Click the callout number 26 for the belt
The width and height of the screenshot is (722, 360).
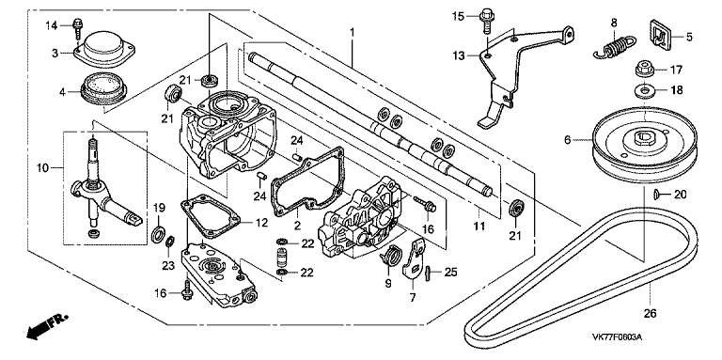(x=650, y=314)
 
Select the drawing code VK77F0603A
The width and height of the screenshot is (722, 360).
(x=617, y=337)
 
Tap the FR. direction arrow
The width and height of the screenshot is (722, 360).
(x=46, y=326)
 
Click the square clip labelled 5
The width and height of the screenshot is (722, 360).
(x=660, y=34)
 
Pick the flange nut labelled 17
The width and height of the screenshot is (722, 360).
(x=644, y=70)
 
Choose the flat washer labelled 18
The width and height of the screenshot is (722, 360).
(x=644, y=90)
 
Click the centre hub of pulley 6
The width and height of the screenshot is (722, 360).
(x=644, y=136)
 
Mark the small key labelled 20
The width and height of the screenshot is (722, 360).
(x=657, y=196)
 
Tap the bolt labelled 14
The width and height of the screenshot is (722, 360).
(x=78, y=28)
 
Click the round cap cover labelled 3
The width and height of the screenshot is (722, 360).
(x=104, y=48)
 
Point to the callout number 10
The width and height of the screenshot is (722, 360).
(x=42, y=168)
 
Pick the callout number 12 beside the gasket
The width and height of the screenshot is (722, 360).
(x=261, y=223)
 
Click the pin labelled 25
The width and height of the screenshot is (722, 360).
(x=428, y=272)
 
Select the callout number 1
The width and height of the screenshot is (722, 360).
(x=353, y=33)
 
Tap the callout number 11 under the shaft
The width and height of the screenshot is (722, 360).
(x=479, y=226)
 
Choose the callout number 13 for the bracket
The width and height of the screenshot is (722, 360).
(x=459, y=56)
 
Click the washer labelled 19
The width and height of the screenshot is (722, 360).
(x=158, y=234)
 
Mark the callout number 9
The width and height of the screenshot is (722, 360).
(x=387, y=284)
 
